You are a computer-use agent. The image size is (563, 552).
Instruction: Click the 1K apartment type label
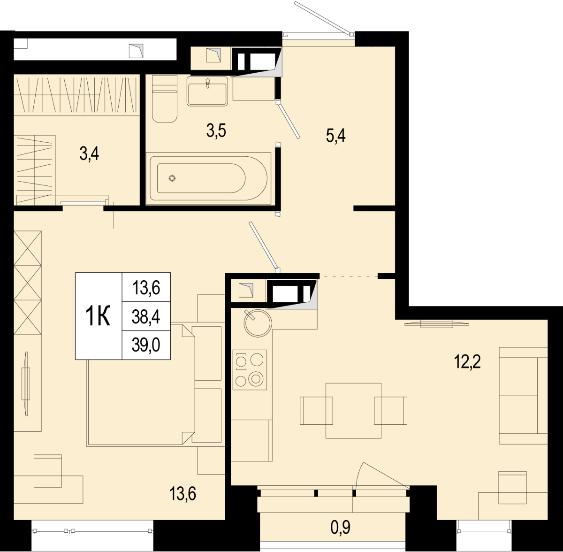click(98, 316)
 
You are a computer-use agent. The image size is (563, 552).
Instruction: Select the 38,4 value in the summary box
click(146, 316)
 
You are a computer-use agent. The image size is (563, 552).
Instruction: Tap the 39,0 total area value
click(146, 345)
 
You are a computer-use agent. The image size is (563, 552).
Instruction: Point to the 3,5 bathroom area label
click(216, 130)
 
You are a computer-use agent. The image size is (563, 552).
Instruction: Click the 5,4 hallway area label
click(336, 136)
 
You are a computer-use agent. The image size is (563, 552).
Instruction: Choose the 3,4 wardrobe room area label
click(89, 154)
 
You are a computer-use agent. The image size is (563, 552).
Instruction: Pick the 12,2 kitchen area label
click(467, 362)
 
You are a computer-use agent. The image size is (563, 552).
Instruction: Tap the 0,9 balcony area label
click(340, 528)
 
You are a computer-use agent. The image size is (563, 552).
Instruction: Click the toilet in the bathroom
click(165, 99)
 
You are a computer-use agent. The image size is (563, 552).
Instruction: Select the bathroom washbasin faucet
click(207, 83)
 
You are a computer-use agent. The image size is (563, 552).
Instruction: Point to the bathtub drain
click(172, 178)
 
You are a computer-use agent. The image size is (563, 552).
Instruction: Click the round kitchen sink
click(258, 323)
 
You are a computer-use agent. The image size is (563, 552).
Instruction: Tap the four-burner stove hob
click(250, 370)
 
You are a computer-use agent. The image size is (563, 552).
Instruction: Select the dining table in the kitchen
click(353, 411)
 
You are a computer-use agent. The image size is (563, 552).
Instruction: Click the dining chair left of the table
click(316, 411)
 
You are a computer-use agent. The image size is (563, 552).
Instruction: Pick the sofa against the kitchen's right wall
click(523, 396)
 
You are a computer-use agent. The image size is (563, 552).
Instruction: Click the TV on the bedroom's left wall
click(26, 383)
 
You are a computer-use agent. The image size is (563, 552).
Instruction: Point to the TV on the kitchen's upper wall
click(437, 324)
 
